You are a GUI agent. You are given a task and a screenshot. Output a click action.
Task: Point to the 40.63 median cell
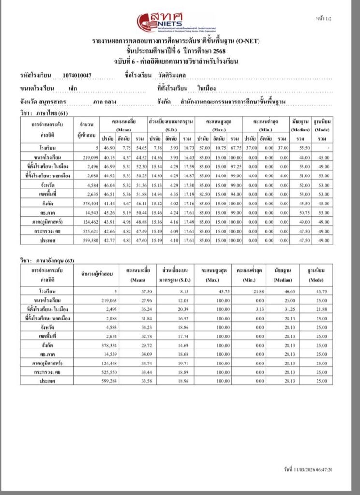(x=281, y=291)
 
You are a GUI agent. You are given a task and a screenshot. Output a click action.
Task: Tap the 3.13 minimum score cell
(x=248, y=309)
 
